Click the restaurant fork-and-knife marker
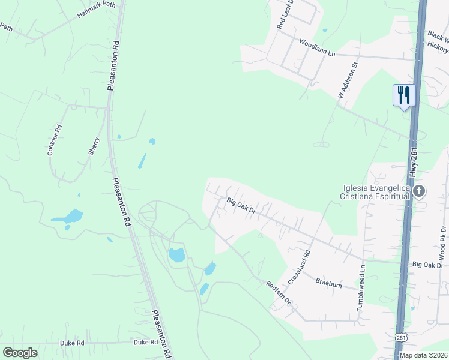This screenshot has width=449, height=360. pos(403,95)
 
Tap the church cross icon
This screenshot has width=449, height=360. pos(419,192)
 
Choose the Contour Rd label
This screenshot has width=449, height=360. pos(54,140)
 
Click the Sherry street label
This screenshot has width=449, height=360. pos(94,146)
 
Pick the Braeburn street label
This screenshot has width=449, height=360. pos(328,282)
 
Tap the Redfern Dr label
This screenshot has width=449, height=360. pos(278,292)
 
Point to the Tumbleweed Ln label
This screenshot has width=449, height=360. pos(361,289)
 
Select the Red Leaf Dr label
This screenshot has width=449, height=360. pos(284,15)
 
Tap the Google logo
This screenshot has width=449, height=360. pos(20,353)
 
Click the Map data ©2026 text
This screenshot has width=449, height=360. pos(423,355)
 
